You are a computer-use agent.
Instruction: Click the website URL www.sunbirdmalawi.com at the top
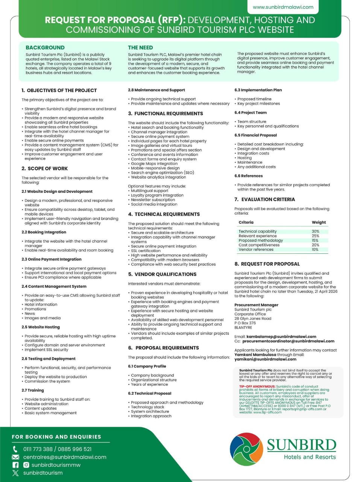click(283, 7)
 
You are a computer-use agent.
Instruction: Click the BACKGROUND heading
click(45, 47)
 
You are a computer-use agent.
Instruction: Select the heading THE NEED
click(140, 47)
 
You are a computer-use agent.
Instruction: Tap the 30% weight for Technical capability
click(315, 231)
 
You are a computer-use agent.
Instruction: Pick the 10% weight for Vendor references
click(315, 249)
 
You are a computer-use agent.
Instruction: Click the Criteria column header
click(246, 222)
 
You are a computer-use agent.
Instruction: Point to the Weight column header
click(319, 222)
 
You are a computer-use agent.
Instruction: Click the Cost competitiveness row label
click(259, 245)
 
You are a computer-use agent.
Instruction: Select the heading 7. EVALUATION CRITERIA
click(264, 199)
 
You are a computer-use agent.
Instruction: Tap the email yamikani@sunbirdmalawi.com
click(265, 359)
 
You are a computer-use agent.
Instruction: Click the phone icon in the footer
click(15, 449)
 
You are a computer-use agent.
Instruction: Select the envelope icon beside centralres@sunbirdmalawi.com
click(15, 457)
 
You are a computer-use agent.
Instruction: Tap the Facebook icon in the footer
click(15, 465)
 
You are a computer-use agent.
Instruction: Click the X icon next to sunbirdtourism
click(15, 473)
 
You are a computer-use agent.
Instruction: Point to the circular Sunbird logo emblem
click(246, 449)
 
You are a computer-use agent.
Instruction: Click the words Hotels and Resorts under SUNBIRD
click(310, 457)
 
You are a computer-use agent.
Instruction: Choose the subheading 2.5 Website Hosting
click(41, 327)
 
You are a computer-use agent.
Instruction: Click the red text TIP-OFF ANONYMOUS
click(257, 386)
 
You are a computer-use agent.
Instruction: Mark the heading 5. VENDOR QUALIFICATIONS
click(162, 274)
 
